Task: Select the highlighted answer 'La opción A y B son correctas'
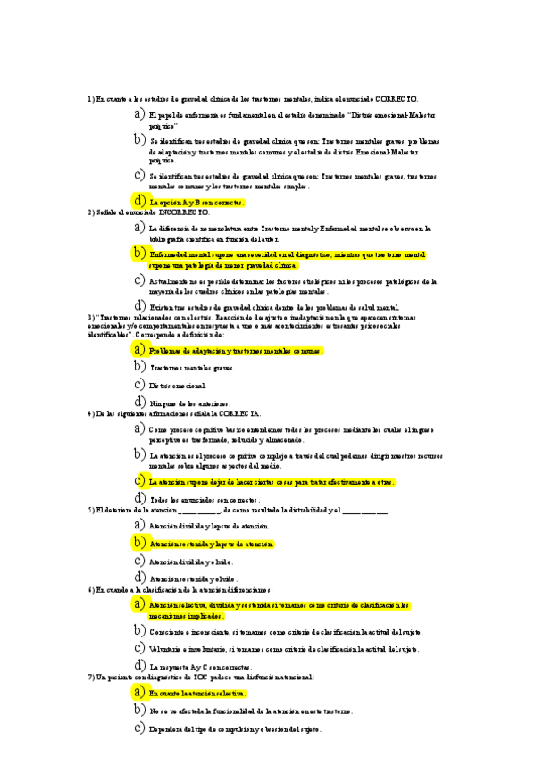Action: click(x=196, y=203)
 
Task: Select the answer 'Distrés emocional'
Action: click(x=178, y=385)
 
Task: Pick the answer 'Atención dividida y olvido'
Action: click(x=191, y=562)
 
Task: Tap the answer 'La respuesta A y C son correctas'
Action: click(x=201, y=667)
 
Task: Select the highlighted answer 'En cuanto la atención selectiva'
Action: click(x=197, y=694)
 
